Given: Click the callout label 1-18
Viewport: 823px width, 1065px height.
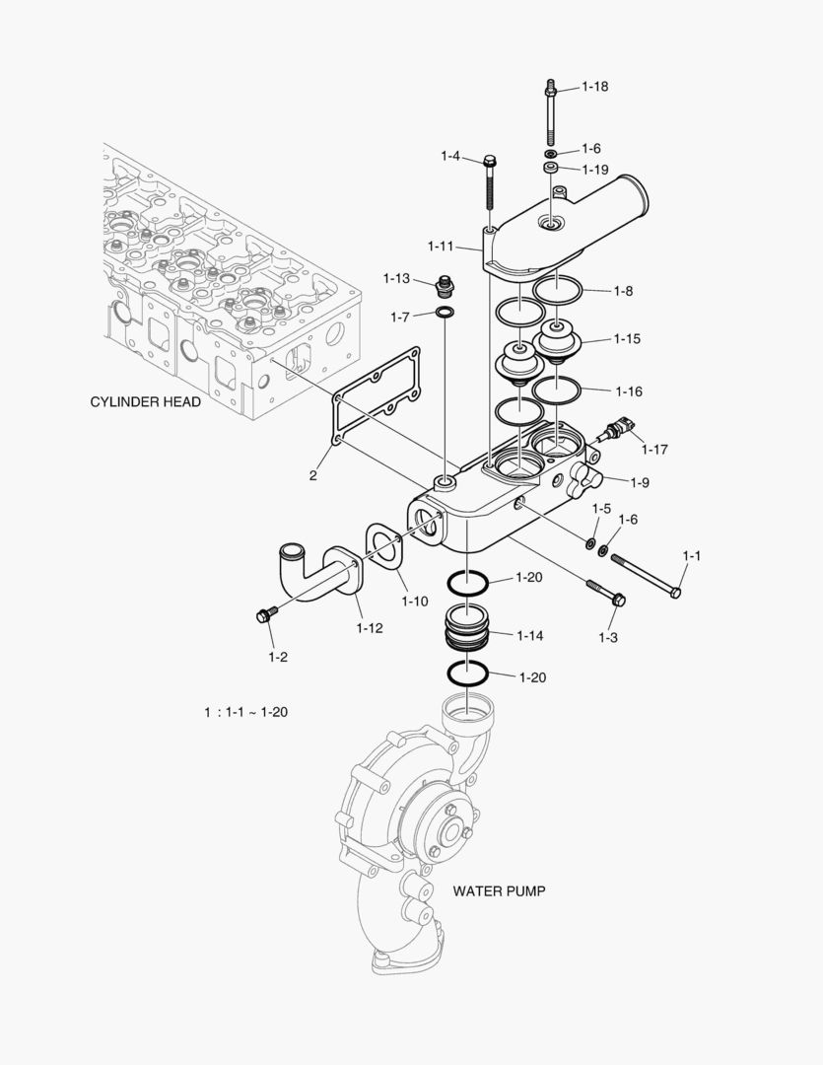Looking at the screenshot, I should click(594, 87).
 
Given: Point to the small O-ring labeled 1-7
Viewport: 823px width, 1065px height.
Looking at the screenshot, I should click(446, 315).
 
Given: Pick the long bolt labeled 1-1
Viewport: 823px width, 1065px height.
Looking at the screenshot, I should click(646, 575).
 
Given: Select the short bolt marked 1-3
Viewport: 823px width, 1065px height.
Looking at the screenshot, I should click(604, 592).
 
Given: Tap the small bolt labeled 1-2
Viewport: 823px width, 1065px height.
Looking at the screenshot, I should click(264, 615).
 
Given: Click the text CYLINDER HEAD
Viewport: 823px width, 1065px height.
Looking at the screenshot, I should click(146, 402).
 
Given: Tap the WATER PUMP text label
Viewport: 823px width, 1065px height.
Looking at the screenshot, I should click(499, 890).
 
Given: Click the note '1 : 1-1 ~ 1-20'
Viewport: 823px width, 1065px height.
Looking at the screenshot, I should click(245, 712).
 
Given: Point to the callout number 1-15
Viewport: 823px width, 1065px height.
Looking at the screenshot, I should click(627, 339).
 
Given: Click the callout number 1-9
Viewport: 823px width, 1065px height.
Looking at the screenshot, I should click(640, 482).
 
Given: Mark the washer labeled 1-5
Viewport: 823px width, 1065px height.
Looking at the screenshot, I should click(589, 542).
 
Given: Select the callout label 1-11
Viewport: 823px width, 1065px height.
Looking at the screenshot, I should click(442, 245).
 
